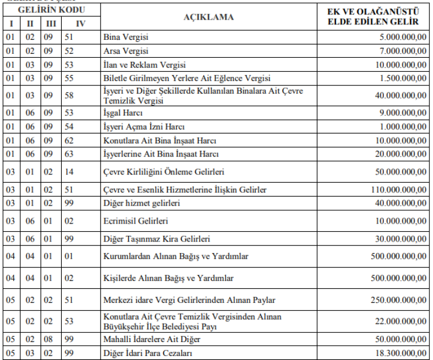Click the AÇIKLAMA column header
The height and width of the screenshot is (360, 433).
[208, 17]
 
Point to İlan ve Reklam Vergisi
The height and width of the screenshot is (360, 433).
[144, 65]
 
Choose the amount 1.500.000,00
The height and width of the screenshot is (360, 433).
[402, 78]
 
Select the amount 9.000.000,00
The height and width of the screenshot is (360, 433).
[402, 113]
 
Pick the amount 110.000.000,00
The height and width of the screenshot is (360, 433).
[398, 190]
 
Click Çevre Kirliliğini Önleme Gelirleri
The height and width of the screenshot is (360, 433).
[163, 172]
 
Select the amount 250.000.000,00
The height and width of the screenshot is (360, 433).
[398, 300]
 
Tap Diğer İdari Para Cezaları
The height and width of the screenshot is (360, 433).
[147, 353]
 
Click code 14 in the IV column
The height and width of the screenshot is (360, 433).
[68, 172]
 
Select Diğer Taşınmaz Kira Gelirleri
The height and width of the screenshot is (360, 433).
[156, 239]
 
